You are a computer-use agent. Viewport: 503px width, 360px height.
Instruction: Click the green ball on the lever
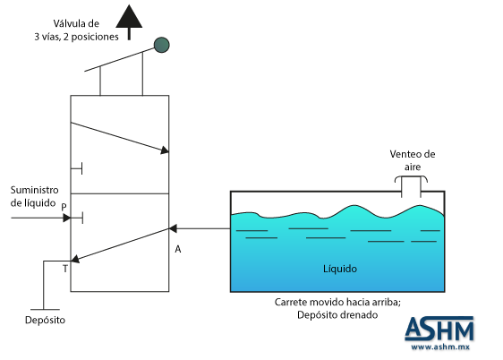(x=162, y=45)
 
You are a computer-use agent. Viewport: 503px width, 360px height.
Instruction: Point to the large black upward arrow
(x=129, y=21)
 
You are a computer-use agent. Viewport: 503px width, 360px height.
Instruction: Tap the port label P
(x=64, y=207)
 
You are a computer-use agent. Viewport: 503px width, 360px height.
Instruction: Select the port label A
(x=178, y=249)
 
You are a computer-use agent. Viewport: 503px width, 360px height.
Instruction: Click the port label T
(x=65, y=269)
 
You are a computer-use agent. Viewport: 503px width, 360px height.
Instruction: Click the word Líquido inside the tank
(x=340, y=269)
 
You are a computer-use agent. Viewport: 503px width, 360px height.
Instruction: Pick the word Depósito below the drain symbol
(x=46, y=321)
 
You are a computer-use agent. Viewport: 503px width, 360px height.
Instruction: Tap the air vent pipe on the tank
(x=411, y=187)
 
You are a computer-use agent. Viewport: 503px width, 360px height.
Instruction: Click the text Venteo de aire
(x=413, y=160)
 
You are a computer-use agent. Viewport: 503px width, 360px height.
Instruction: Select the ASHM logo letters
(x=439, y=329)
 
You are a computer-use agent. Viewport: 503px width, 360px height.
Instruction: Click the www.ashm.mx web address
(x=440, y=347)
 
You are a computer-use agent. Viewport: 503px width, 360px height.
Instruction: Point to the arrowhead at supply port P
(x=67, y=219)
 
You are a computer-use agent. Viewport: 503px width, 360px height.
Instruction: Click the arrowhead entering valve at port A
(x=173, y=228)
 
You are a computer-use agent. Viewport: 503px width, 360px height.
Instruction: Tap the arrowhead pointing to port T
(x=75, y=259)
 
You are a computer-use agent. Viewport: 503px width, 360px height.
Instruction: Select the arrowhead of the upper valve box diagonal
(x=165, y=150)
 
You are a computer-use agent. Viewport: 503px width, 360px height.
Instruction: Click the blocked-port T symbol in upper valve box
(x=77, y=168)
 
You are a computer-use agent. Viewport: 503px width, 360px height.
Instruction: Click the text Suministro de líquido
(x=35, y=196)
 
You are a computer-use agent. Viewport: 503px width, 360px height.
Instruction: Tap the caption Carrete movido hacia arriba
(x=337, y=303)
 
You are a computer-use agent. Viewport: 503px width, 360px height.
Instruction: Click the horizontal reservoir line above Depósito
(x=46, y=310)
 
